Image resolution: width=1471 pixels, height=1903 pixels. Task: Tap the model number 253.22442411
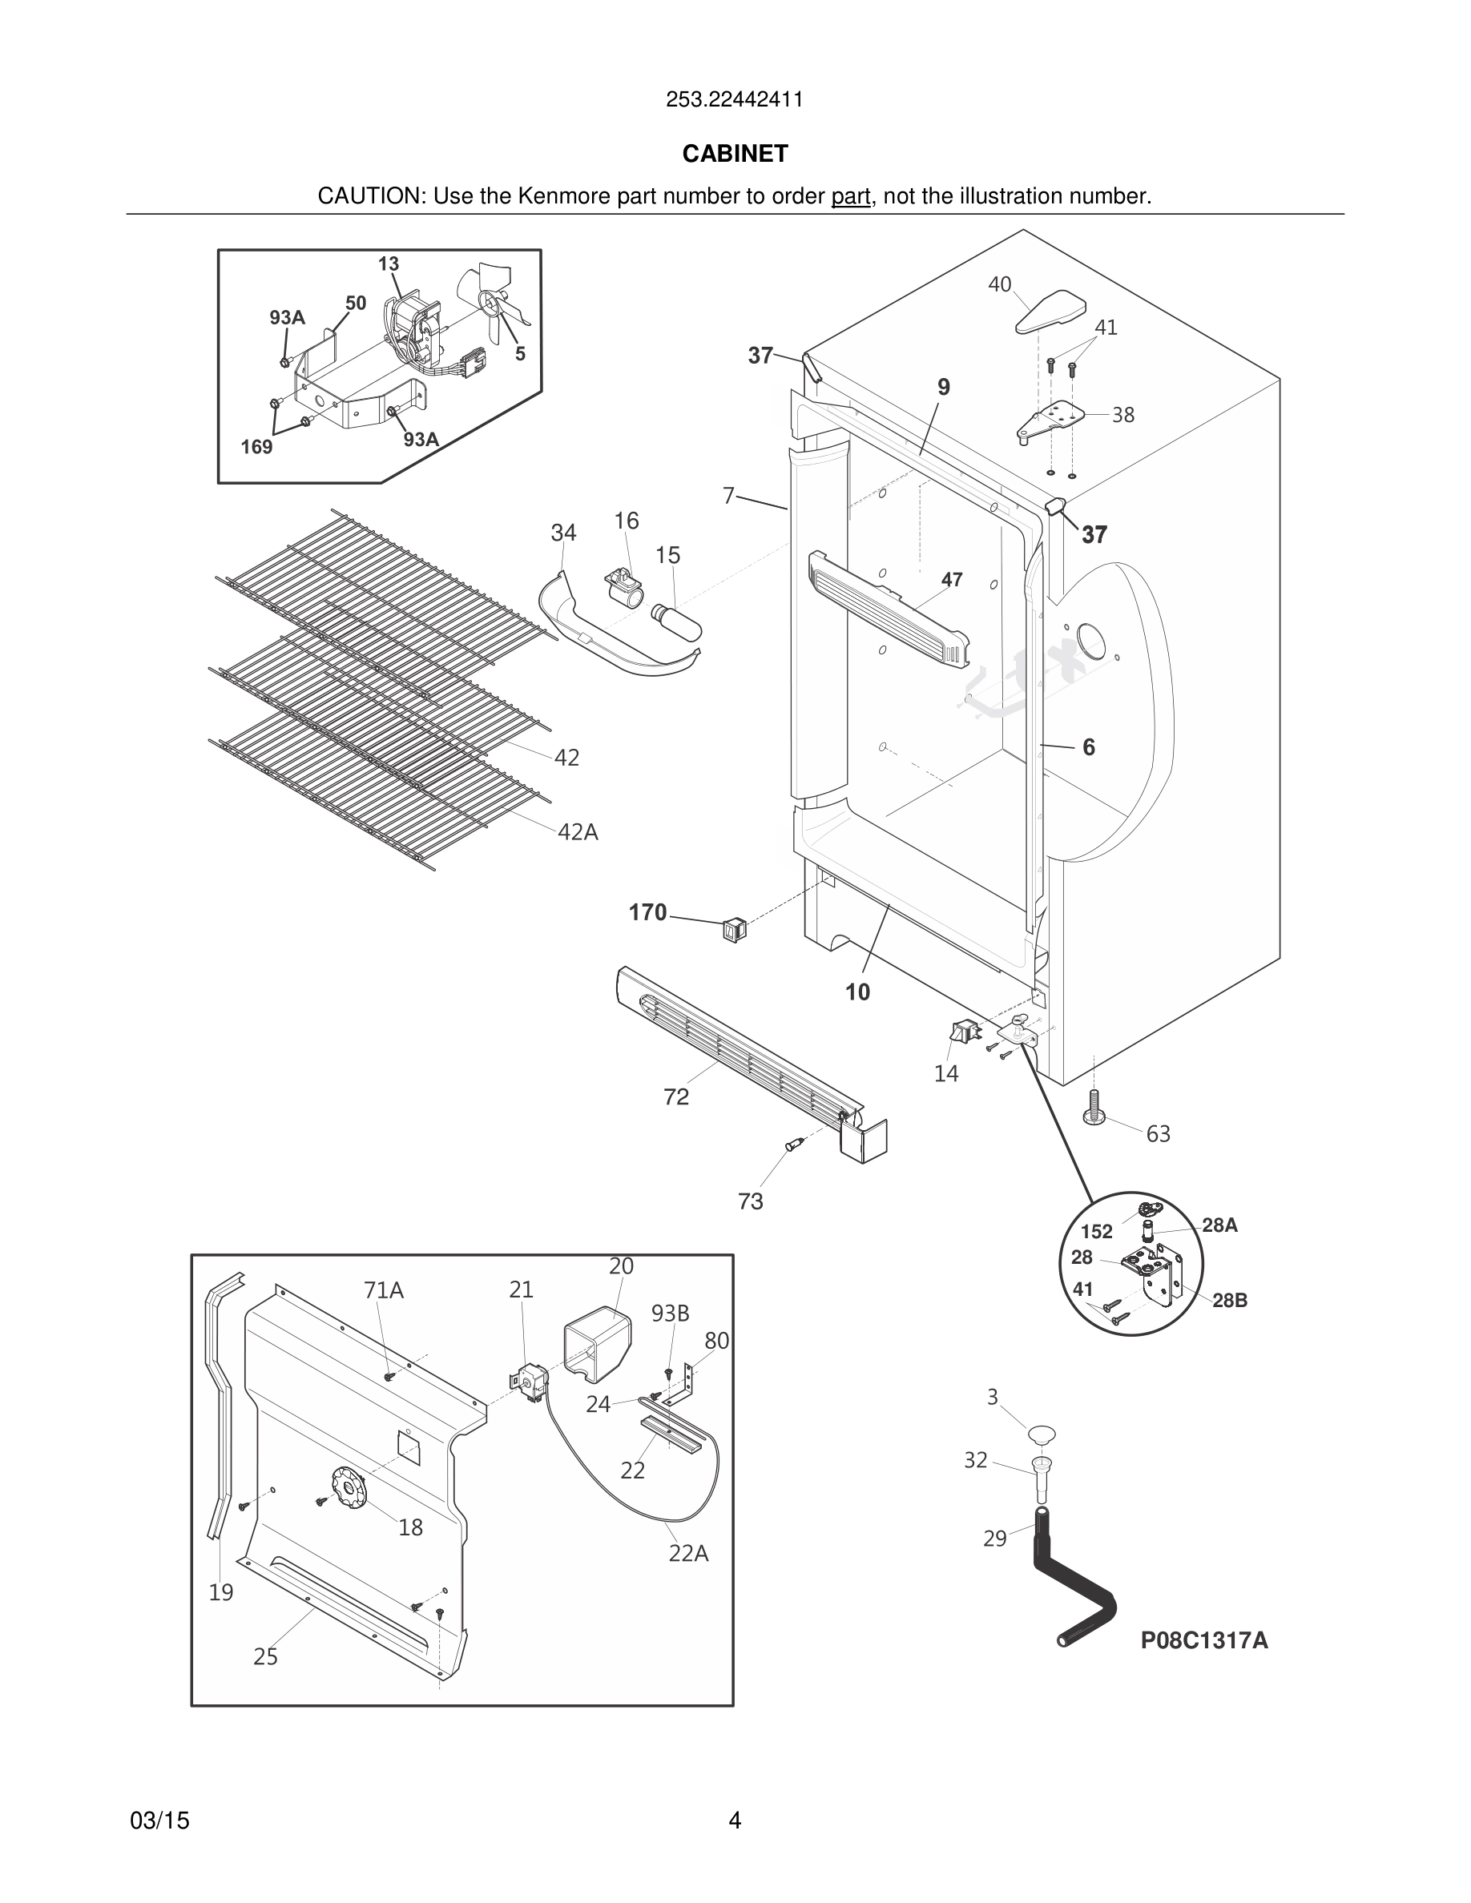click(734, 99)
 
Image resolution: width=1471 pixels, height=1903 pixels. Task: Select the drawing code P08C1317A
click(1203, 1639)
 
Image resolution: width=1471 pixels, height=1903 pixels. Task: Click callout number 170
click(647, 912)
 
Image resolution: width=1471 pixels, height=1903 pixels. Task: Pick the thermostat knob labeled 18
click(349, 1488)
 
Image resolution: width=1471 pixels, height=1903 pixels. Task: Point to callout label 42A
click(578, 832)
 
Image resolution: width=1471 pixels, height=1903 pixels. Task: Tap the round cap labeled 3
click(1042, 1434)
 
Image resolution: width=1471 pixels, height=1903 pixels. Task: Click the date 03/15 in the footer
click(159, 1821)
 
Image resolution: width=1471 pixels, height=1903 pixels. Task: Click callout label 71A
click(384, 1289)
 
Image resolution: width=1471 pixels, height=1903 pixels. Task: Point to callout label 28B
click(1229, 1300)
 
